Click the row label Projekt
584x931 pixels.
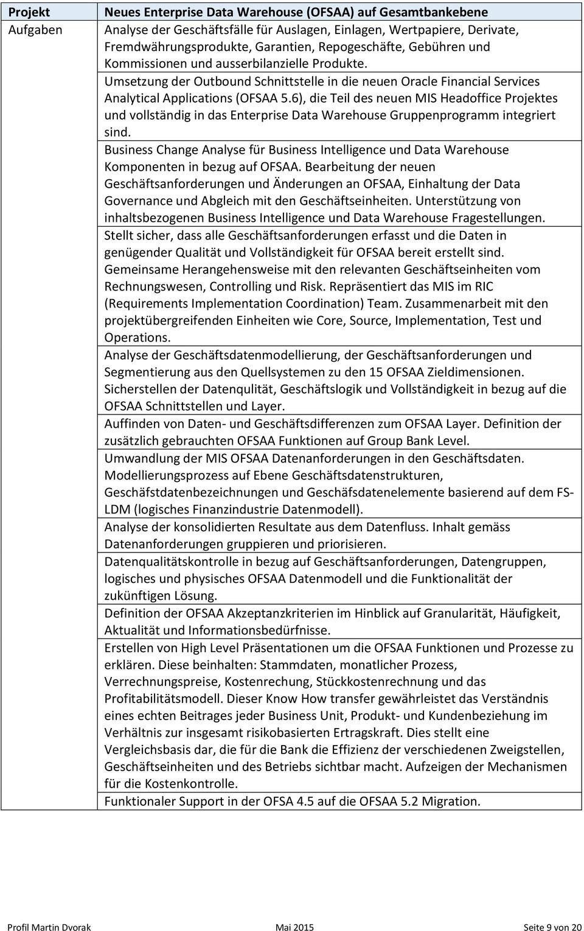tap(29, 12)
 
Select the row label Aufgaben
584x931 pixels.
tap(35, 29)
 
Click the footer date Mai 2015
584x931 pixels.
tap(294, 927)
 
